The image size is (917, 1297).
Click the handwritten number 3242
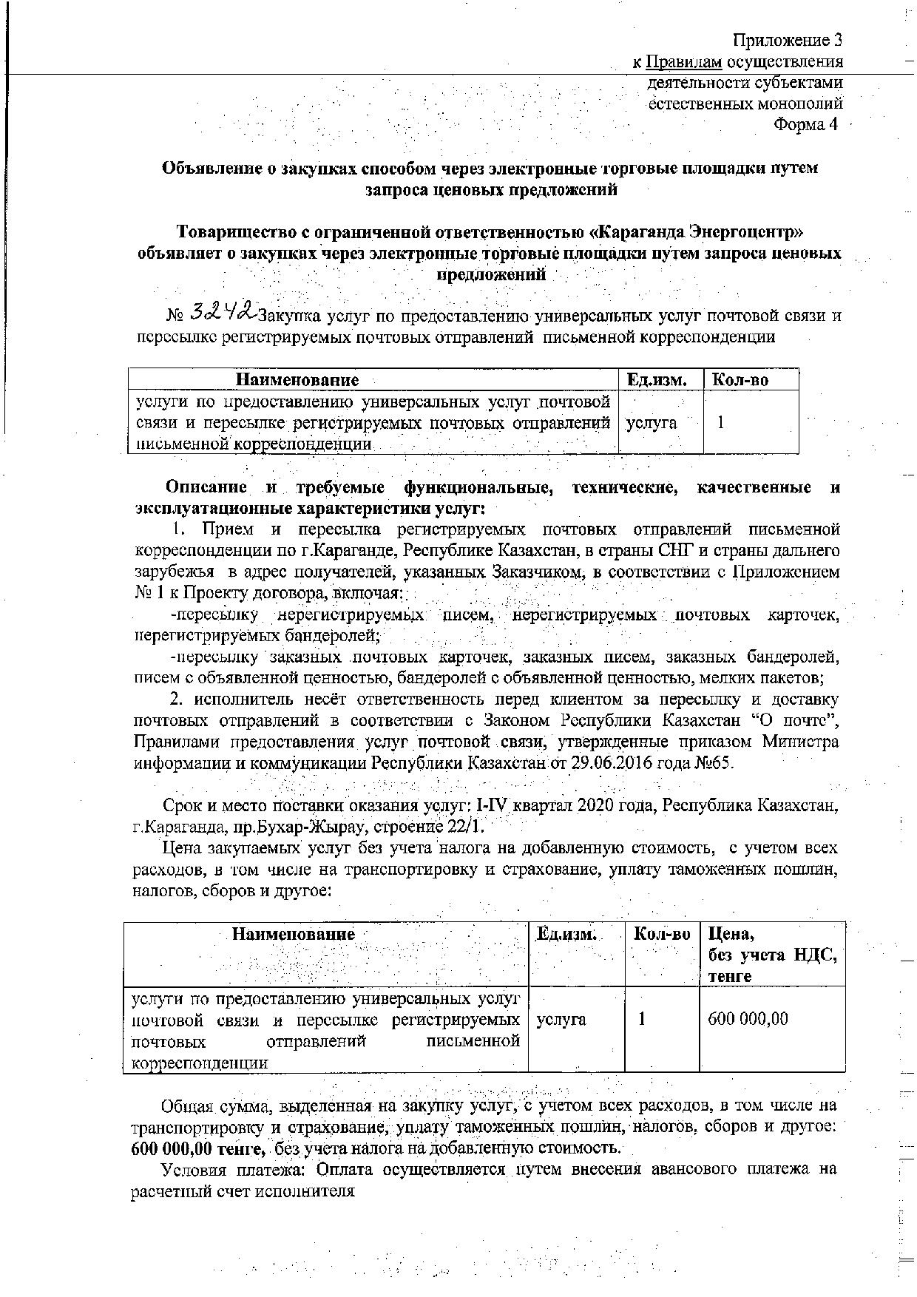click(x=223, y=313)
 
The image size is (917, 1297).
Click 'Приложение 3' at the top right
click(x=788, y=39)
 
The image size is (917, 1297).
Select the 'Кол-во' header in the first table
click(x=740, y=380)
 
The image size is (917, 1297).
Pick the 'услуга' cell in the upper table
click(x=652, y=423)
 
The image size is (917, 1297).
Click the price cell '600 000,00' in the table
click(x=748, y=1019)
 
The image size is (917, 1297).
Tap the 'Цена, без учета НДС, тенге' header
click(x=772, y=955)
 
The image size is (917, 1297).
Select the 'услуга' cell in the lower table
click(x=561, y=1019)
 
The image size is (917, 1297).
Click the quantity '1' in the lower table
click(x=642, y=1019)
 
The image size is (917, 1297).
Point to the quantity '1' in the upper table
click(x=721, y=423)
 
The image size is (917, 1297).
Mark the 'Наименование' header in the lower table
click(x=294, y=934)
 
